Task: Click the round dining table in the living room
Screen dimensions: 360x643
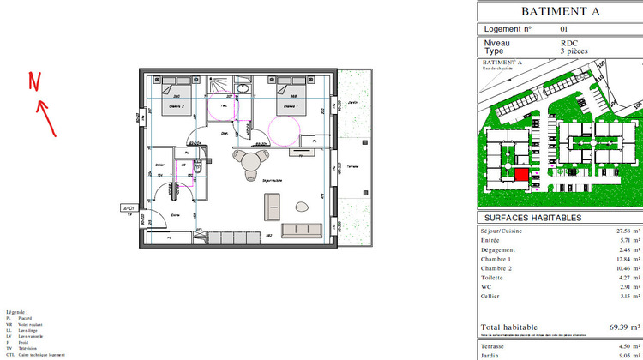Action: tap(250, 163)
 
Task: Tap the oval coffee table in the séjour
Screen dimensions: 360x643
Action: tap(302, 207)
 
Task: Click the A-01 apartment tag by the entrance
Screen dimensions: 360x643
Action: tap(129, 207)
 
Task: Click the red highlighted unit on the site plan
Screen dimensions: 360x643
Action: tap(521, 174)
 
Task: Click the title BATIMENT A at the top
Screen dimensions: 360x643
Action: tap(560, 12)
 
